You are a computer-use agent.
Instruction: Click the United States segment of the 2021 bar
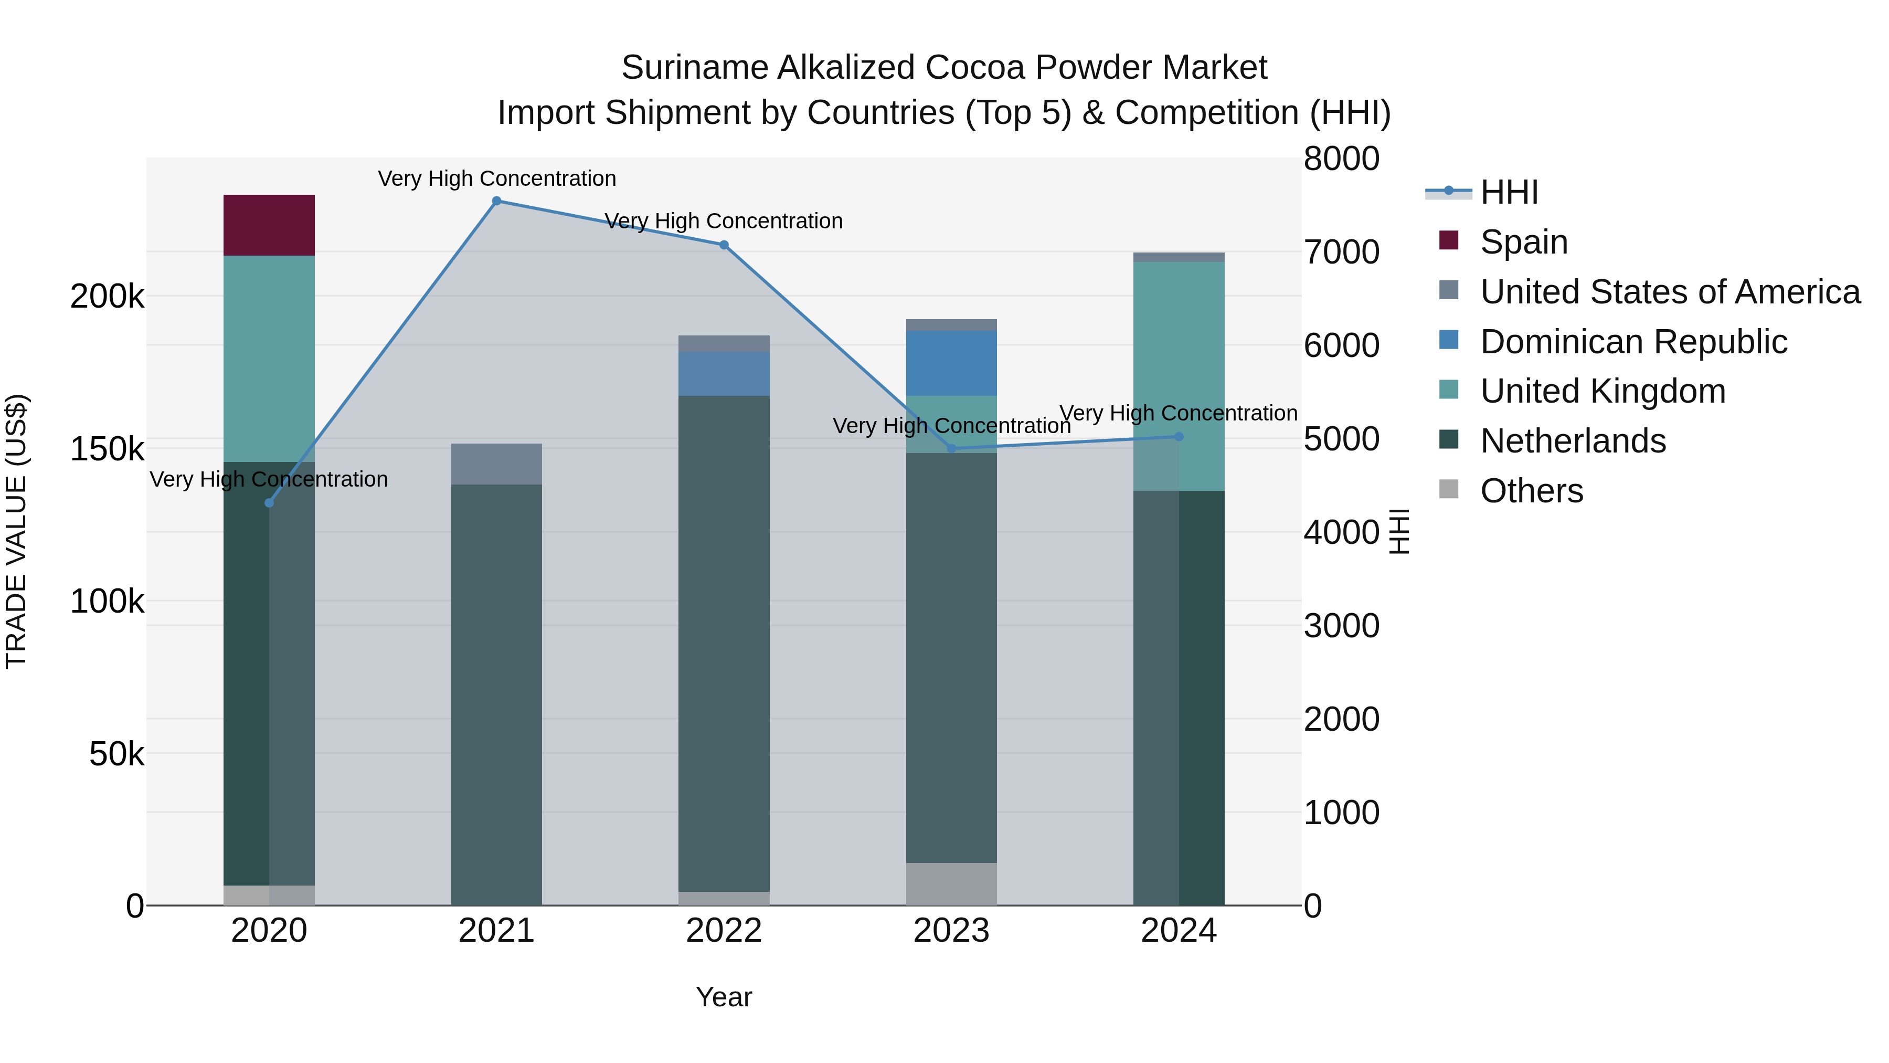pyautogui.click(x=496, y=464)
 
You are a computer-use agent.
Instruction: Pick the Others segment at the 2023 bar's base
pyautogui.click(x=951, y=883)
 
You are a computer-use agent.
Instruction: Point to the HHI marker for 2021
pyautogui.click(x=496, y=201)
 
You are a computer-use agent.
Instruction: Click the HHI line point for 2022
pyautogui.click(x=724, y=245)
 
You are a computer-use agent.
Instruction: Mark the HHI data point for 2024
pyautogui.click(x=1179, y=437)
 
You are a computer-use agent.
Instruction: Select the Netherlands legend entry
pyautogui.click(x=1573, y=441)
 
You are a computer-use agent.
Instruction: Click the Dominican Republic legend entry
pyautogui.click(x=1633, y=342)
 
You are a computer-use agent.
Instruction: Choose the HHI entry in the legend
pyautogui.click(x=1509, y=192)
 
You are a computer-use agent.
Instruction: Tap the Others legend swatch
pyautogui.click(x=1448, y=489)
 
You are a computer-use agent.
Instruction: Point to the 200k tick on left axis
pyautogui.click(x=107, y=297)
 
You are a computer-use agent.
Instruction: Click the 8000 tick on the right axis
pyautogui.click(x=1341, y=159)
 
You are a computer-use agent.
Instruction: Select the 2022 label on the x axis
pyautogui.click(x=724, y=931)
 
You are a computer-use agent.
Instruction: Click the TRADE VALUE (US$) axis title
pyautogui.click(x=16, y=531)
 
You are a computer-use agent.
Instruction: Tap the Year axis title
pyautogui.click(x=724, y=997)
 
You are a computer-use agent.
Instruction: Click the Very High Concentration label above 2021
pyautogui.click(x=496, y=178)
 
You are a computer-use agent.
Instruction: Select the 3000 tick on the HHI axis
pyautogui.click(x=1341, y=626)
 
